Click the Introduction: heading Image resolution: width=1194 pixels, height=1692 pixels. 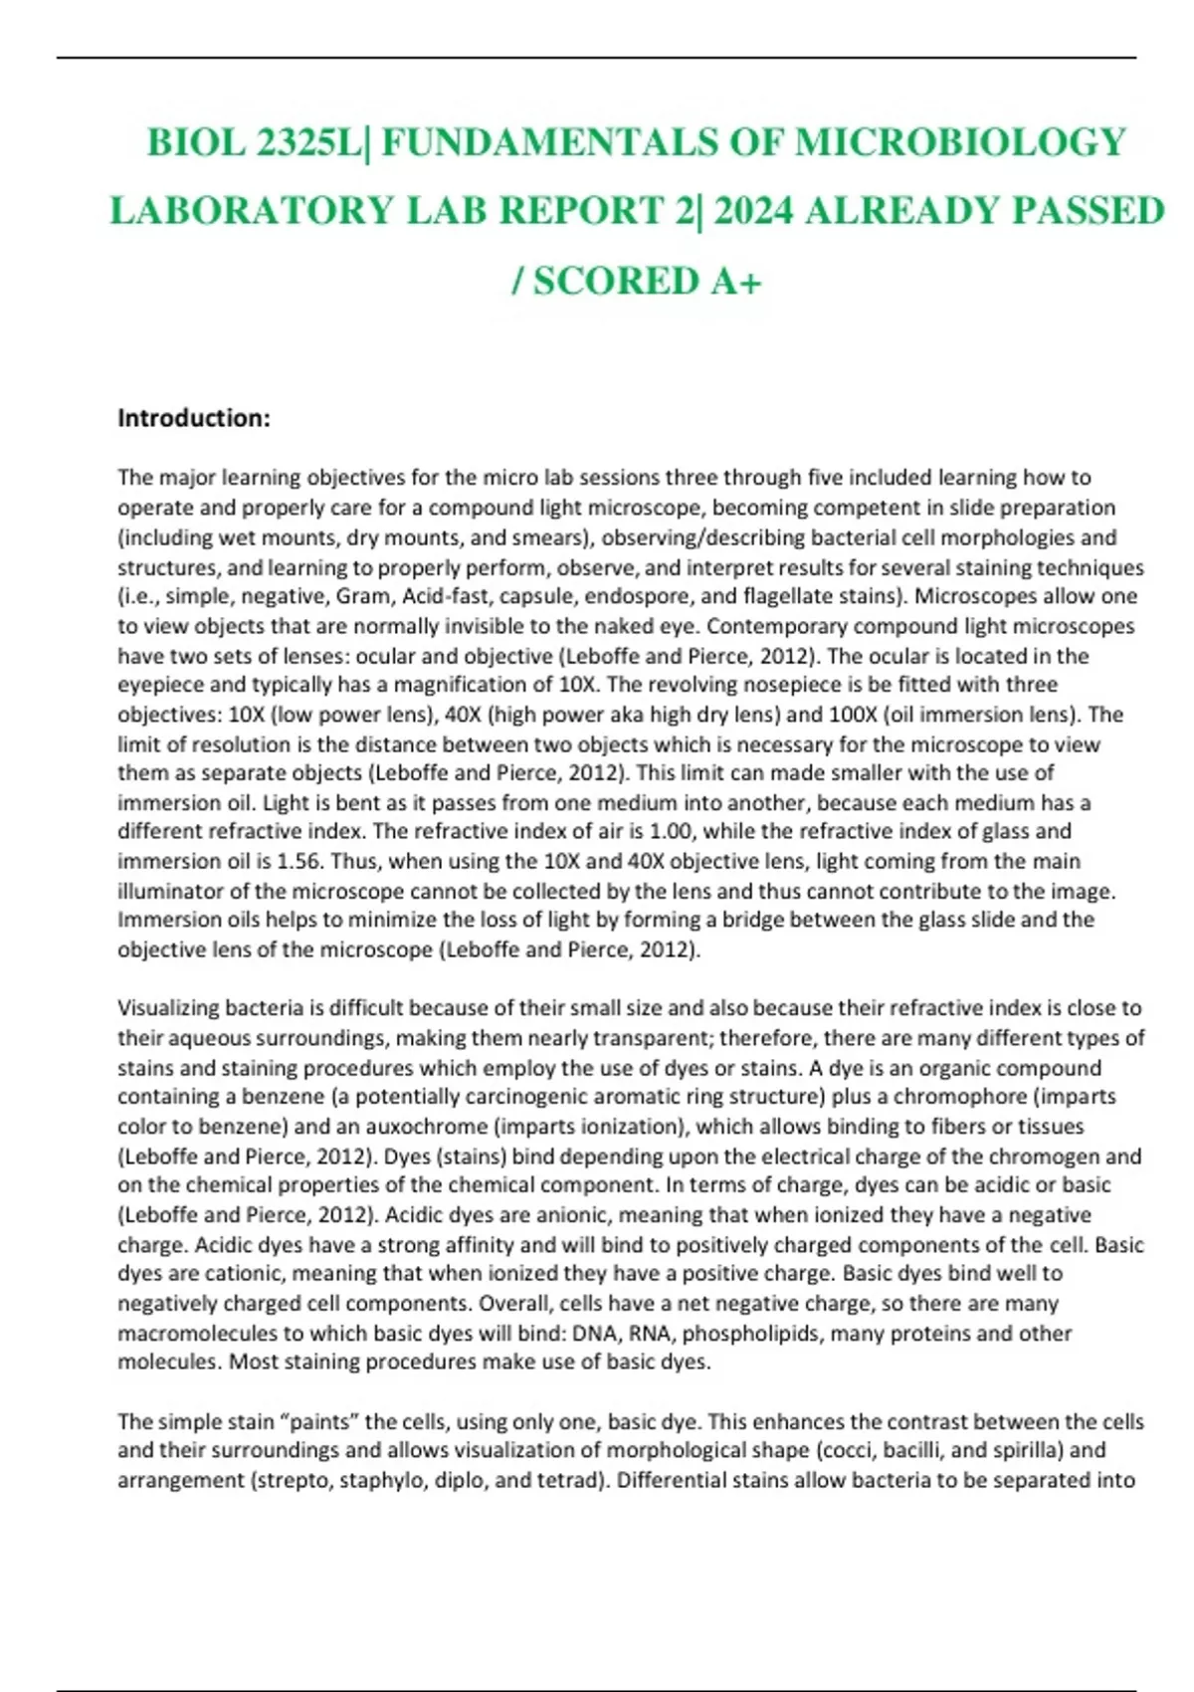[x=194, y=418]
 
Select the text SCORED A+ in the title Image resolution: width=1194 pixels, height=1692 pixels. [x=648, y=282]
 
